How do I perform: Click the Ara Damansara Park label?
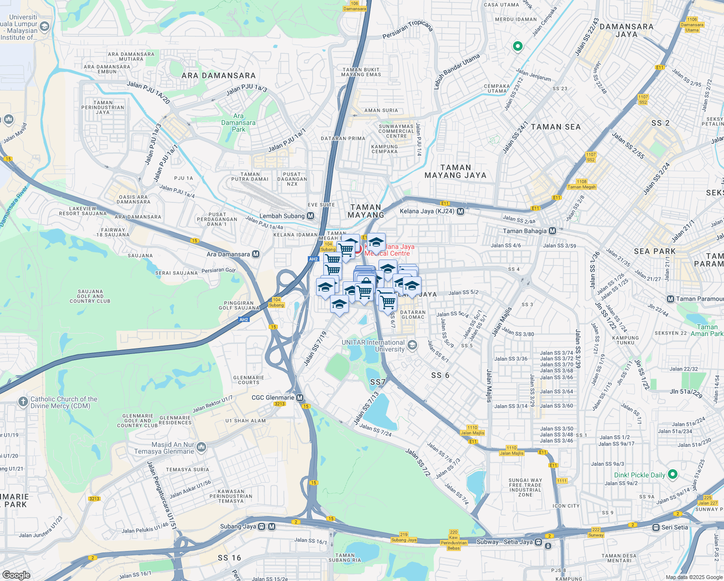[239, 122]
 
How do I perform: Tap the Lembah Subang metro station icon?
[310, 216]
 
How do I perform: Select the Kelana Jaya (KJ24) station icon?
[460, 211]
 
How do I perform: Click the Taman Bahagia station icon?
[552, 231]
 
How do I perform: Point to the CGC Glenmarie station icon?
[300, 398]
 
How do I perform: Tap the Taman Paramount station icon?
[670, 299]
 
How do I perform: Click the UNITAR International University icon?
[412, 345]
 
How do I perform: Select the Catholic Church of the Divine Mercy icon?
[23, 402]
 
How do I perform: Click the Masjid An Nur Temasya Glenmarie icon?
[202, 446]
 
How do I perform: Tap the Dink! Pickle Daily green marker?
[672, 474]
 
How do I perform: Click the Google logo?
[16, 575]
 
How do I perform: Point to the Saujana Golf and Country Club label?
[90, 296]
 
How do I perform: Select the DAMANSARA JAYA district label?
[626, 31]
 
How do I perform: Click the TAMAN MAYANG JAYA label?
[455, 171]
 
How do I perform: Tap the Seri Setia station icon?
[656, 527]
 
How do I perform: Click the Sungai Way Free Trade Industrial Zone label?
[525, 488]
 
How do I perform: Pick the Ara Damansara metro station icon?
[256, 254]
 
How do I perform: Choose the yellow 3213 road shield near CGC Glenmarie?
[280, 404]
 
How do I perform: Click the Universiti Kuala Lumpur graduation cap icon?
[45, 27]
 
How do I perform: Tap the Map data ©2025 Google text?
[693, 577]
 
